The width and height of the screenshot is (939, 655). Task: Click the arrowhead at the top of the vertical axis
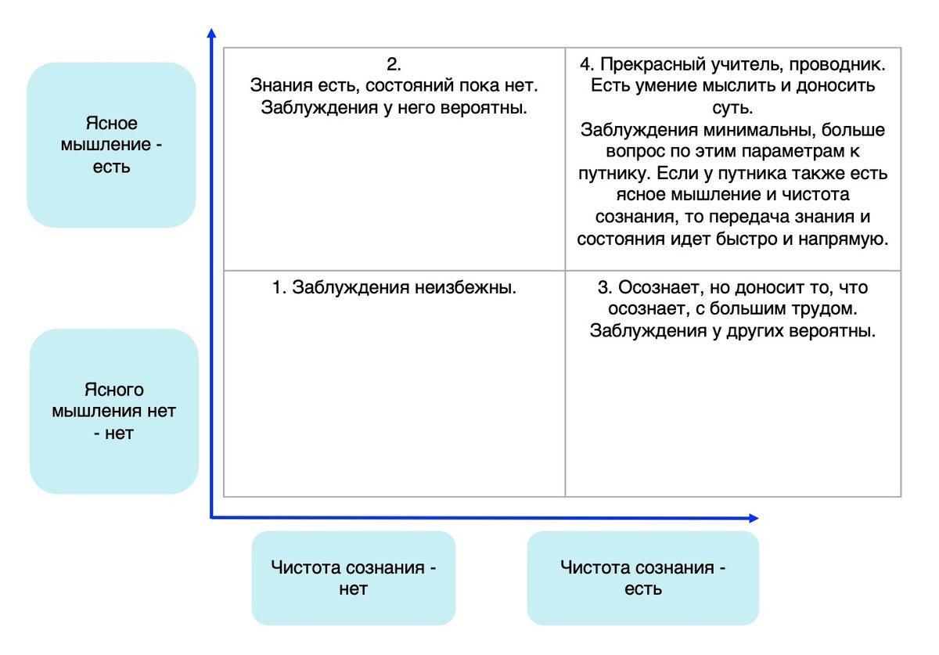pos(212,33)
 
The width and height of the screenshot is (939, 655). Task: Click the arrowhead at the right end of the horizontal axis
pos(754,518)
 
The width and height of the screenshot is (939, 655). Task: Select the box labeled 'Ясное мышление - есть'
pos(111,145)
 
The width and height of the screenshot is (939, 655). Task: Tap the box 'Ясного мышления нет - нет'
pos(114,412)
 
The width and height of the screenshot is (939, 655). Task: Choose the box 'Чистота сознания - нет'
pos(354,578)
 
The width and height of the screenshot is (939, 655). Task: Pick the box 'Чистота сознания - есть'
pos(643,578)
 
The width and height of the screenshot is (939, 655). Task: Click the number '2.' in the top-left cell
pos(394,64)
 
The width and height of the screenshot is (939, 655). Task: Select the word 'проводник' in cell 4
pos(837,65)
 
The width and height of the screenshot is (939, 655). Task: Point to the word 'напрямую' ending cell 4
pos(844,239)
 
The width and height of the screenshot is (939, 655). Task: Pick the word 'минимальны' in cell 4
pos(759,130)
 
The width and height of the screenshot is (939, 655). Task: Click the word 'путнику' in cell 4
pos(614,174)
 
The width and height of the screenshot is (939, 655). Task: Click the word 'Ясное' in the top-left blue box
pos(111,124)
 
